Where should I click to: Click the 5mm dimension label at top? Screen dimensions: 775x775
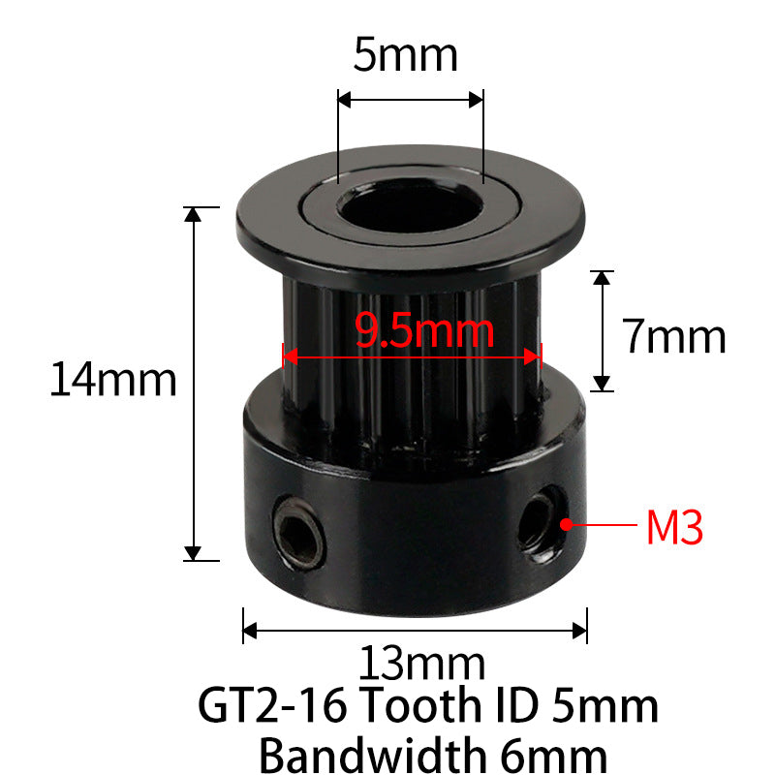[405, 55]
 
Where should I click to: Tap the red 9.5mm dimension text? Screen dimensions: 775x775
[424, 330]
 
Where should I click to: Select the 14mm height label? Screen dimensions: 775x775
[113, 379]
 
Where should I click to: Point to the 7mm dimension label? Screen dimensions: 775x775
[673, 336]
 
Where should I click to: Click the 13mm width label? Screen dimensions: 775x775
[421, 663]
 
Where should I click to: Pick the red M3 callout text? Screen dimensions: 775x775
[674, 527]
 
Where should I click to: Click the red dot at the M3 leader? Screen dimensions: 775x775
[567, 524]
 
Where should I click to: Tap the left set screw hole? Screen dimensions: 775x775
[298, 533]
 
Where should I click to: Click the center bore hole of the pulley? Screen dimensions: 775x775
[411, 206]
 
